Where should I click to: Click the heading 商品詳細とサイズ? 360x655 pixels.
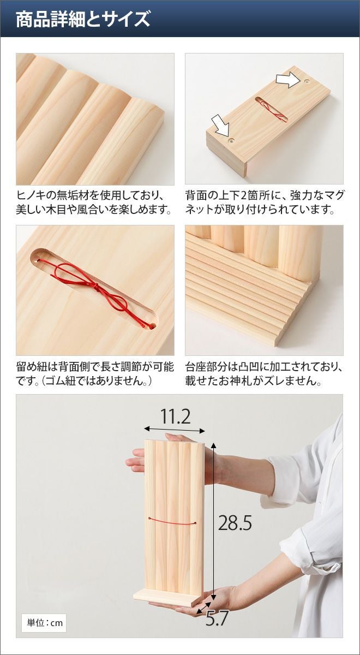83,19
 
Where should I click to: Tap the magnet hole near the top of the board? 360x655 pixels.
307,80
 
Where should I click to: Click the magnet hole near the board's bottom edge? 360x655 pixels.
231,140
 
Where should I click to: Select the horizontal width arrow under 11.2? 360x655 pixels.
175,430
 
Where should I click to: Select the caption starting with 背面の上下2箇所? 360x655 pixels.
264,203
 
